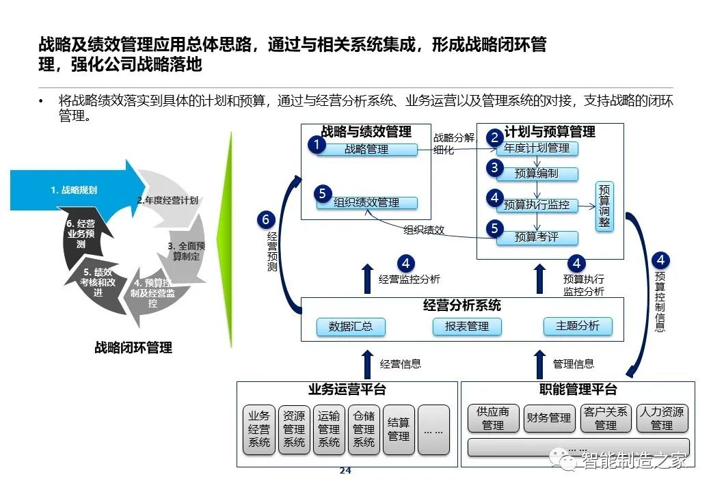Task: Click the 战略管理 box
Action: (367, 150)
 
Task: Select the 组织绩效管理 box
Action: (367, 202)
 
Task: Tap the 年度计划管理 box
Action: (537, 148)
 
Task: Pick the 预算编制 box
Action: (537, 174)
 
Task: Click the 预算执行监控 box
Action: (537, 205)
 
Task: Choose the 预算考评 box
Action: (537, 237)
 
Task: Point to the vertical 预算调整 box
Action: (604, 206)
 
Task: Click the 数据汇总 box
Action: (351, 327)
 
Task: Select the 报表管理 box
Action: (467, 327)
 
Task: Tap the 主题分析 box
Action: (578, 326)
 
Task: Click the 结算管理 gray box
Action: (399, 430)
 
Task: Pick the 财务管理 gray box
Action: (549, 418)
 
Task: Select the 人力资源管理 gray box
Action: (662, 418)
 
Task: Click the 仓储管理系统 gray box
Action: (364, 430)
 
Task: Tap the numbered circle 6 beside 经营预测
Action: (266, 220)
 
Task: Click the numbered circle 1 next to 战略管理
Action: (317, 145)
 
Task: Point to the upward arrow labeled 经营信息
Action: (368, 364)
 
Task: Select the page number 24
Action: (345, 471)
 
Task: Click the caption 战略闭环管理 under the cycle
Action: (133, 348)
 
